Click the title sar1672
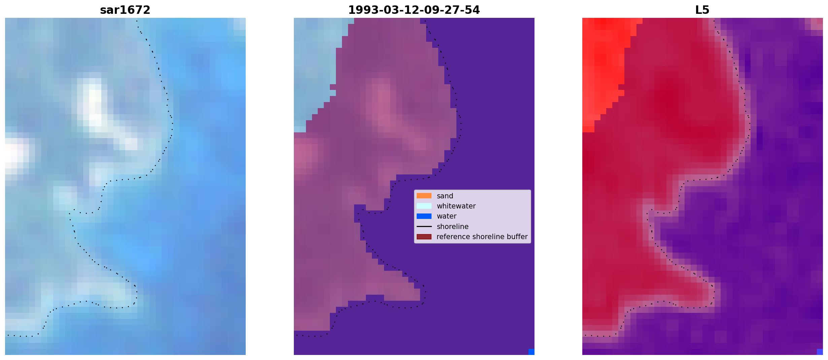125,10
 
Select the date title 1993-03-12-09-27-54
414,10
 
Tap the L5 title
702,10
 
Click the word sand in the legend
445,196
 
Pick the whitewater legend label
456,206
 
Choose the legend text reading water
446,216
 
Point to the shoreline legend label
452,227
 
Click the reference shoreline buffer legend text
482,237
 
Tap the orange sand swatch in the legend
424,196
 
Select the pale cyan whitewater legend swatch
424,206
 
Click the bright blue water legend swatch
424,216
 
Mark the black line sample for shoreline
424,227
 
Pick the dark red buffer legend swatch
424,237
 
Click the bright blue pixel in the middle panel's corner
531,352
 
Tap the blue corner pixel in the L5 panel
820,352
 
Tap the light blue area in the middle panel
316,61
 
